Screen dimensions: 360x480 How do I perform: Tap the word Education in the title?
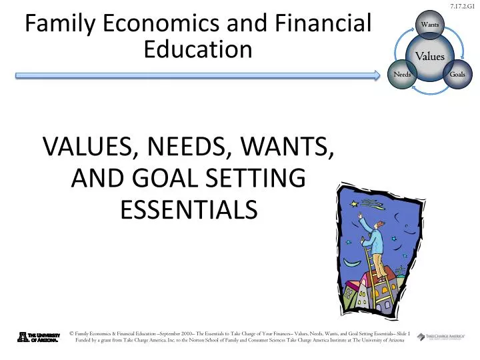click(198, 49)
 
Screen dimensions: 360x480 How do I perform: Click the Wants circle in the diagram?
click(429, 25)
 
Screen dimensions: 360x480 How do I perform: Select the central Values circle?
click(430, 57)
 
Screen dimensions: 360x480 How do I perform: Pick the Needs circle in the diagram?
click(402, 74)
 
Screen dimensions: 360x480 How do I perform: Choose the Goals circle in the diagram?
click(457, 74)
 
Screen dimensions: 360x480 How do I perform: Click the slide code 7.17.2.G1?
click(464, 6)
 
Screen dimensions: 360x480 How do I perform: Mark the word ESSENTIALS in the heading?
click(189, 209)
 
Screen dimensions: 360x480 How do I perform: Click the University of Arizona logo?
click(39, 337)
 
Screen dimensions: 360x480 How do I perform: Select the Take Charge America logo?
click(440, 337)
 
